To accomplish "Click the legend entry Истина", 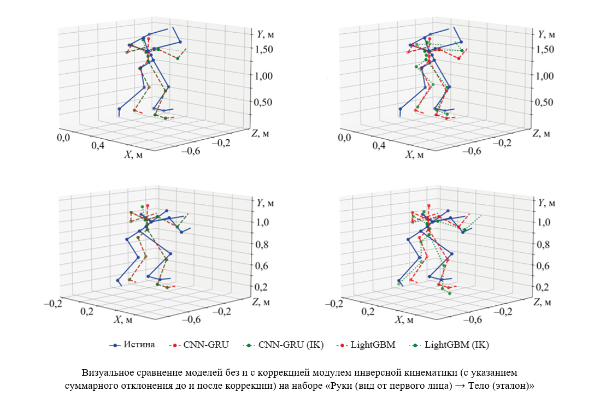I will coord(139,345).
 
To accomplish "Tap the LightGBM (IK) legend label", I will coord(456,345).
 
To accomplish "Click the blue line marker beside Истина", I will coord(115,345).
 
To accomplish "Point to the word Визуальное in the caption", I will coord(109,373).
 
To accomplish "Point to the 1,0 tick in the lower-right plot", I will coord(543,222).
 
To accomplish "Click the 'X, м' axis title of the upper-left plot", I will coord(134,155).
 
